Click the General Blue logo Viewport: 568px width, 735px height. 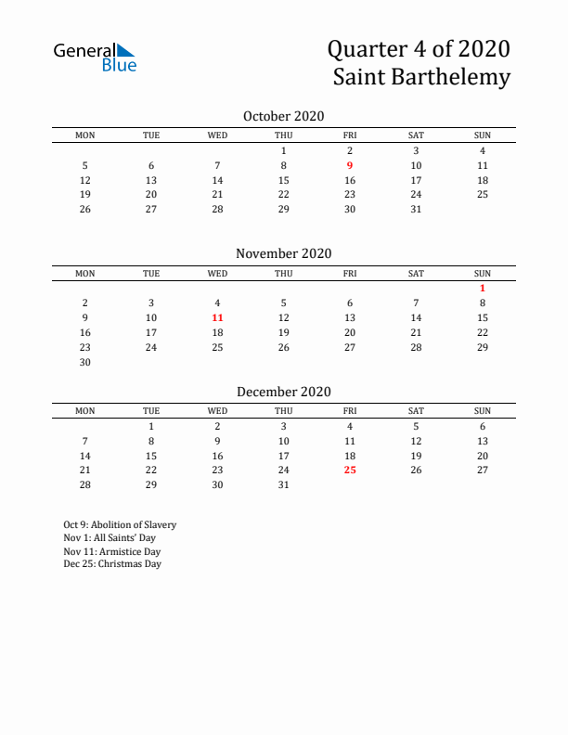tap(95, 57)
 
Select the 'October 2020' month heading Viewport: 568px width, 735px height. tap(283, 116)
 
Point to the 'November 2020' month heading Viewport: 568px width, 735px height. tap(283, 253)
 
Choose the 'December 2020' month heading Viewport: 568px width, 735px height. tap(283, 392)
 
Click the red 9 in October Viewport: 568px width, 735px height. tap(350, 165)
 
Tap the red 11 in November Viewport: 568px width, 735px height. tap(217, 317)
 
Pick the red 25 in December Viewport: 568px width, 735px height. tap(350, 470)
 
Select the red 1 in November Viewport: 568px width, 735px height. tap(483, 288)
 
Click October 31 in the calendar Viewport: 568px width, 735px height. tap(416, 209)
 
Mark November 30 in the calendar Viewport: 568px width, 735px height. tap(85, 362)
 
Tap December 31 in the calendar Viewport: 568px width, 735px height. tap(283, 484)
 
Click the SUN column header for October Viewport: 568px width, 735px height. tap(483, 135)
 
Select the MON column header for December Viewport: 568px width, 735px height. tap(85, 410)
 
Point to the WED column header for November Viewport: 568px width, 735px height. tap(217, 273)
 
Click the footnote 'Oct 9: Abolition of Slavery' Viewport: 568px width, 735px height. tap(120, 524)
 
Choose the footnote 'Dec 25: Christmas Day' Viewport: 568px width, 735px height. tap(112, 563)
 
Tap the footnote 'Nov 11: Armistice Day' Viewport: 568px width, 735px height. tap(112, 550)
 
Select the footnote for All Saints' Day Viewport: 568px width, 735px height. tap(110, 537)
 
